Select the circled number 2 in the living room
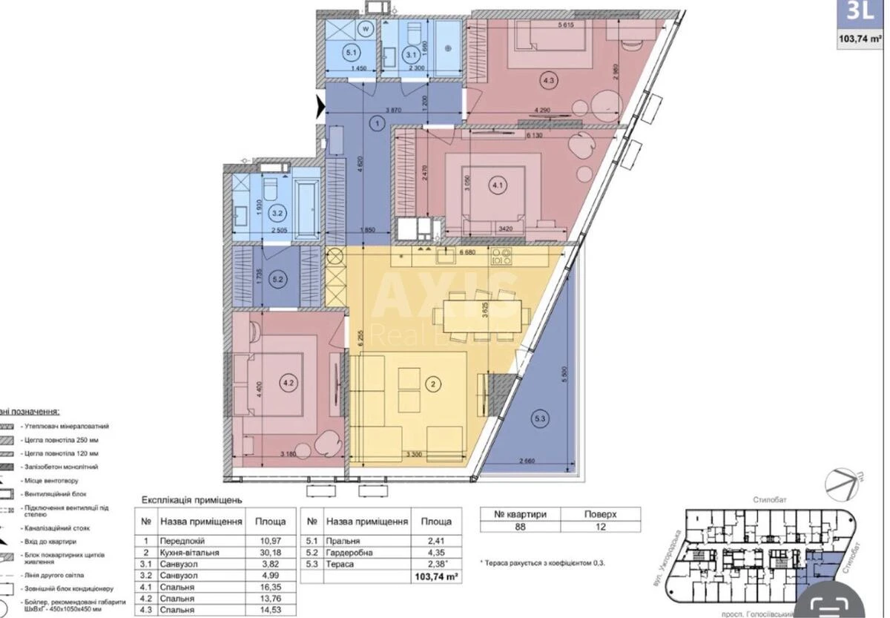pyautogui.click(x=435, y=384)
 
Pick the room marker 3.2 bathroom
pyautogui.click(x=277, y=214)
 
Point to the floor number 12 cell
pyautogui.click(x=600, y=527)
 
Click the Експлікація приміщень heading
pyautogui.click(x=191, y=501)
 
